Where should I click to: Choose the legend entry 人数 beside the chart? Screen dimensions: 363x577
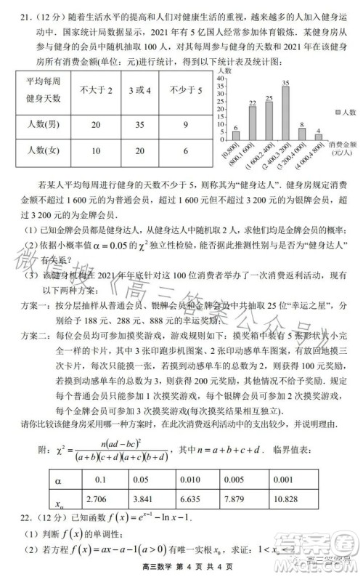click(342, 112)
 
